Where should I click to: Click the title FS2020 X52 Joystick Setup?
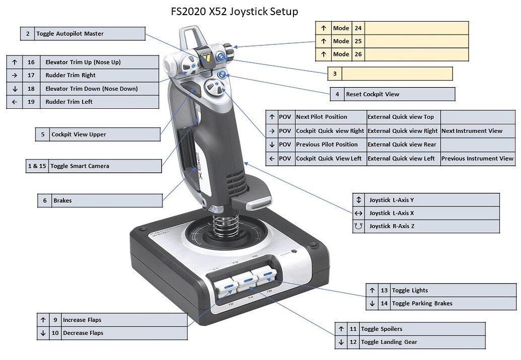(x=234, y=11)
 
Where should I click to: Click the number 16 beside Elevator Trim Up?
(x=31, y=62)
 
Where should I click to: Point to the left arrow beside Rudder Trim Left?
(x=15, y=102)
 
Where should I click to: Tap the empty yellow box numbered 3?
(x=396, y=74)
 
